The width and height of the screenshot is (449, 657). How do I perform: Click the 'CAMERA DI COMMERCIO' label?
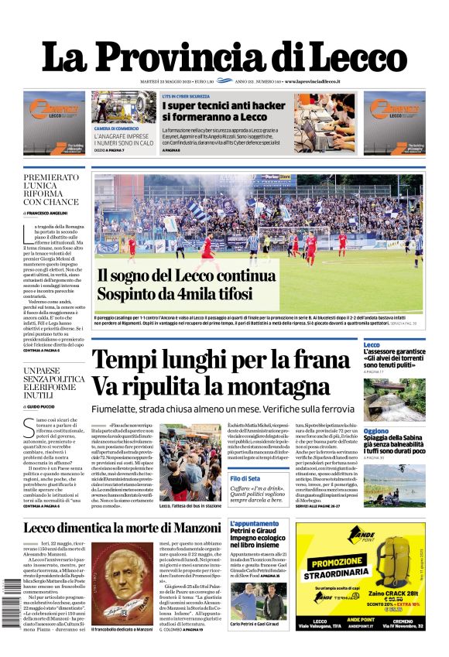click(117, 128)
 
